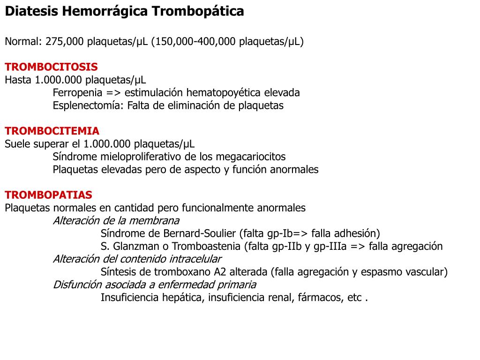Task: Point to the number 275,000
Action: (x=64, y=41)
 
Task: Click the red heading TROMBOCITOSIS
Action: (x=51, y=67)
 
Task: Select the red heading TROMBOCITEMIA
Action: (x=52, y=131)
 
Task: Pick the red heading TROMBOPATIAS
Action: (x=48, y=195)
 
